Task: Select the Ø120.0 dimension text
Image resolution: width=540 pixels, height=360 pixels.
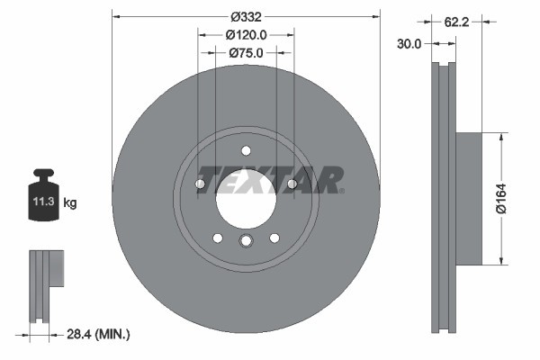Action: pyautogui.click(x=246, y=35)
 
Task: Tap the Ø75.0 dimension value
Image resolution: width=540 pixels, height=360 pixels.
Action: pyautogui.click(x=246, y=53)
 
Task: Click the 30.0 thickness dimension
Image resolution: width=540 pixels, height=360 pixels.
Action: pyautogui.click(x=411, y=42)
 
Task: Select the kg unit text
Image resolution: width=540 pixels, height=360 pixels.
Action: pyautogui.click(x=70, y=203)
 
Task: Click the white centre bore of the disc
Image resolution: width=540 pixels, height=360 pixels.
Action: pyautogui.click(x=246, y=198)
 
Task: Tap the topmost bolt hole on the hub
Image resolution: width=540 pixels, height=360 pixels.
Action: pyautogui.click(x=246, y=150)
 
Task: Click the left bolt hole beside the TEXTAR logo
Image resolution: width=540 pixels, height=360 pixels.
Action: pyautogui.click(x=201, y=184)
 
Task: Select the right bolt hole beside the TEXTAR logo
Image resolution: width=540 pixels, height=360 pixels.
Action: pyautogui.click(x=292, y=184)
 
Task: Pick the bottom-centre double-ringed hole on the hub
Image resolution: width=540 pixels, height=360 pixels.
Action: pyautogui.click(x=246, y=240)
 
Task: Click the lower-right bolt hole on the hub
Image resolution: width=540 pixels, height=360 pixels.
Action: pyautogui.click(x=274, y=238)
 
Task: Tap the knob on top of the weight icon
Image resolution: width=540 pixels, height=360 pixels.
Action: pyautogui.click(x=44, y=173)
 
